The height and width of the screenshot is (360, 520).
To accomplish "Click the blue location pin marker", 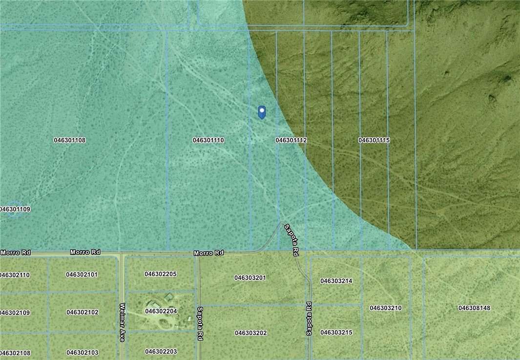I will pos(262,112).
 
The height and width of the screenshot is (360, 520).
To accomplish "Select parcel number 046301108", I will pos(70,140).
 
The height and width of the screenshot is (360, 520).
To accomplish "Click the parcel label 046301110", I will pos(208,140).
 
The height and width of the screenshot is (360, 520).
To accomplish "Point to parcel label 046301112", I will pos(291,140).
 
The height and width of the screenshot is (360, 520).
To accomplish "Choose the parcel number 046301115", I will pos(374,140).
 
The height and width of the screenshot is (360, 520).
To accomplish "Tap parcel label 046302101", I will pos(82,275).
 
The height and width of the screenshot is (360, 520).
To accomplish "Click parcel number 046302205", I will pos(161,274).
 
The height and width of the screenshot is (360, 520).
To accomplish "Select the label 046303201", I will pos(250,278).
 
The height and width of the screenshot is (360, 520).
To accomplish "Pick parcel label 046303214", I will pos(336,281).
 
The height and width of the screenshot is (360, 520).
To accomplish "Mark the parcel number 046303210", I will pos(386,308).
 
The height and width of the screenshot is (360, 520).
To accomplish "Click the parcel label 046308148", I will pos(474,308).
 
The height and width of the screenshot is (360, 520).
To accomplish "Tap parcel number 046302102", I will pos(83,312).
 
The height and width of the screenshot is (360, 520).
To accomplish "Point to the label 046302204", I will pos(161,311).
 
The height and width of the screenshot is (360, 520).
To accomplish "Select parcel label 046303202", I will pos(250,333).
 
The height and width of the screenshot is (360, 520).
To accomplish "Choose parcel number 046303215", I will pos(336,333).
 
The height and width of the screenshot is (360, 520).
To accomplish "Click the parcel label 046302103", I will pos(83,353).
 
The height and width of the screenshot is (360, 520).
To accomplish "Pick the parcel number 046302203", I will pos(161,352).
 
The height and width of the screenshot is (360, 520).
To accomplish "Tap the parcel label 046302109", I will pos(15,313).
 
